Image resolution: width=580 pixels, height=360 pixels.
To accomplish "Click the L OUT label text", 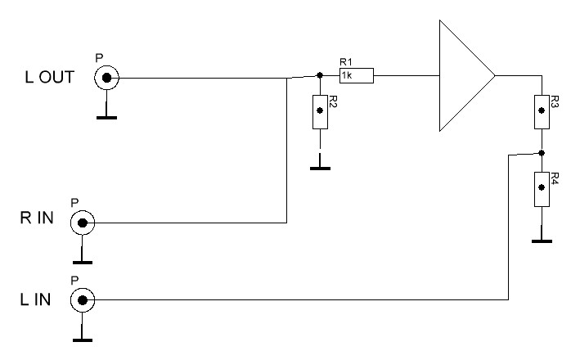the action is (50, 77).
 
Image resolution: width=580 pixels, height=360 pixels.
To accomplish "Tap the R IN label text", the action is (37, 218).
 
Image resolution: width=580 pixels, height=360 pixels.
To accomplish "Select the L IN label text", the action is (35, 299).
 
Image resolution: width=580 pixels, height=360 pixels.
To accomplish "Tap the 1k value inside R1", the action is (347, 75).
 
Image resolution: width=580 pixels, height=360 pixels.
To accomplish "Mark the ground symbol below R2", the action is (320, 169).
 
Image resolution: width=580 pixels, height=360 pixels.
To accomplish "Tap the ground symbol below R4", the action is (542, 241).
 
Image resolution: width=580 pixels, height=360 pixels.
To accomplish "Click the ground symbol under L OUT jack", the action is (106, 118).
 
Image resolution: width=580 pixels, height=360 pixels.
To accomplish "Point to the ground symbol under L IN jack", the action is (83, 340).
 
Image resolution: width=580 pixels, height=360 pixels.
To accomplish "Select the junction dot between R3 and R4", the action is (542, 153).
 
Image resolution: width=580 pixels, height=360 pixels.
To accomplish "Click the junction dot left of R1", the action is (320, 75).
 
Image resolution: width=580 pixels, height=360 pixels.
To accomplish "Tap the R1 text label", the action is (346, 62).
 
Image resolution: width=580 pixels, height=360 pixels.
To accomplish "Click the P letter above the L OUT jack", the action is (99, 58).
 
